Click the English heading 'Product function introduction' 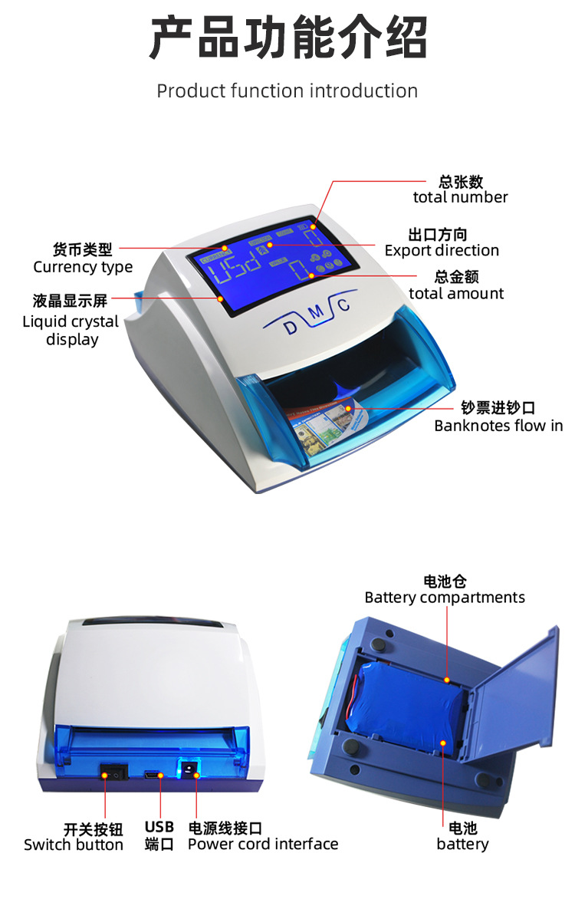[x=287, y=91]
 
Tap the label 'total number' [x=460, y=197]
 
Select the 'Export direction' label [x=442, y=250]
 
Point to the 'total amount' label [x=456, y=293]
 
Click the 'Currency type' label [x=83, y=267]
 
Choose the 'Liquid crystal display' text [x=71, y=330]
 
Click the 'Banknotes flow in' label [x=498, y=425]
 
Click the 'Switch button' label [x=74, y=845]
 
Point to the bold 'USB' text [x=159, y=827]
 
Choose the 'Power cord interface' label [x=263, y=844]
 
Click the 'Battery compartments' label [x=445, y=597]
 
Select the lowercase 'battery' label [x=462, y=844]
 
